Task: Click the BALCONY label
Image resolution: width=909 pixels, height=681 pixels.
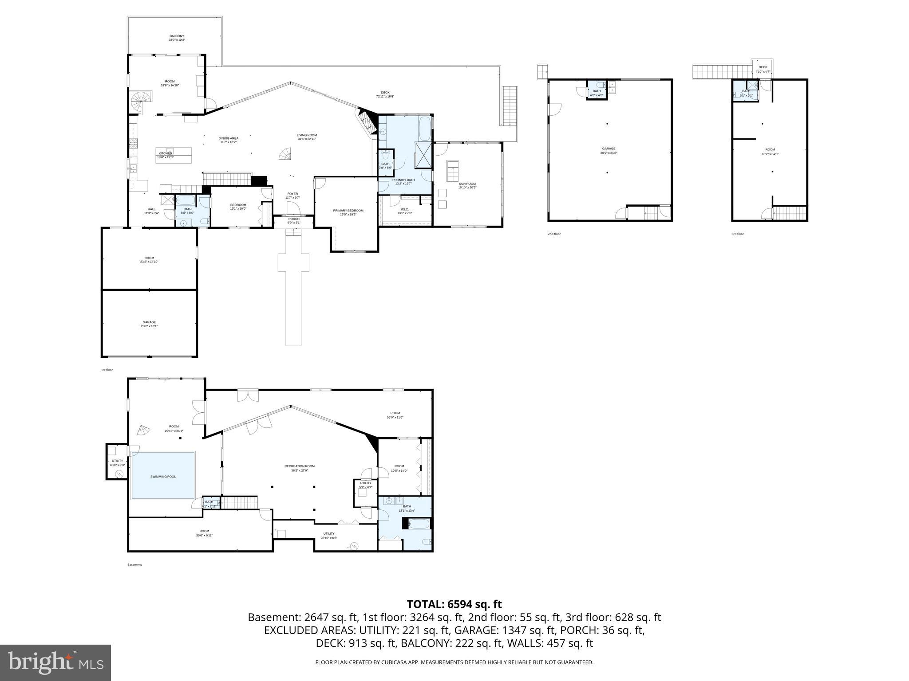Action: tap(176, 36)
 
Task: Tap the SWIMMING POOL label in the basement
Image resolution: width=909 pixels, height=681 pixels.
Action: tap(163, 477)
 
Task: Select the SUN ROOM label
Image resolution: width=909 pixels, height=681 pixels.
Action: tap(467, 184)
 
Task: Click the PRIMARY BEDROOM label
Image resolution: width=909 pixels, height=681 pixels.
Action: tap(348, 211)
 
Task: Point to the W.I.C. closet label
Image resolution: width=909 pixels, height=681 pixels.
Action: tap(404, 209)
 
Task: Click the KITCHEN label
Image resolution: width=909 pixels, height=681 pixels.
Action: tap(165, 153)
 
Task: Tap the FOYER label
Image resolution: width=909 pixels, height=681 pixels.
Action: tap(292, 194)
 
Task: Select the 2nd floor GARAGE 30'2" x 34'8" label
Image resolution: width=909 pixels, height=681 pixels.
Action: tap(609, 149)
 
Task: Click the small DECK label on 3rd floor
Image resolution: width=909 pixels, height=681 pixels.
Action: tap(763, 67)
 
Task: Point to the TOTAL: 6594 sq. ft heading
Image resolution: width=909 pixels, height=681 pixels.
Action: tap(454, 604)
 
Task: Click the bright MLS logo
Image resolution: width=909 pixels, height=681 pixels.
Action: tap(55, 662)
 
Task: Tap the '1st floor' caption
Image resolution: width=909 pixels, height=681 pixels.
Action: tap(107, 370)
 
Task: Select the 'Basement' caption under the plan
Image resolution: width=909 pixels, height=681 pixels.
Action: tap(134, 565)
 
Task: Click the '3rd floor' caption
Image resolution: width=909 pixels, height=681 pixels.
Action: tap(737, 234)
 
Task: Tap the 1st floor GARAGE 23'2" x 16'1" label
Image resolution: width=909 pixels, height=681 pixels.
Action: tap(149, 322)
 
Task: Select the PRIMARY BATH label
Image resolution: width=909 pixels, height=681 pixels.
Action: tap(403, 180)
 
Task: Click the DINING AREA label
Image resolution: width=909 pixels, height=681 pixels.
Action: tap(228, 138)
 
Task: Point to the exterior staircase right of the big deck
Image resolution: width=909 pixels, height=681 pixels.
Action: tap(510, 106)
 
